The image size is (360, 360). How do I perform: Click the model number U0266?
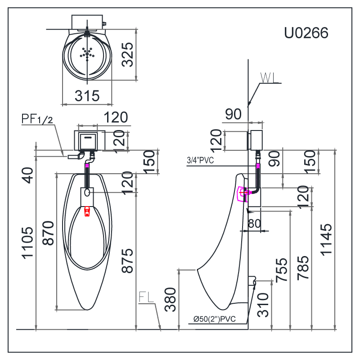306,33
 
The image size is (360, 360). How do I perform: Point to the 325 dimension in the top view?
128,54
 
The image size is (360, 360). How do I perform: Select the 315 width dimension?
87,95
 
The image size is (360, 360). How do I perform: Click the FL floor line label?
146,297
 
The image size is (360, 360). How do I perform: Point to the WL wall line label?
269,77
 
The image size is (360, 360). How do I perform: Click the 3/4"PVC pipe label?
200,160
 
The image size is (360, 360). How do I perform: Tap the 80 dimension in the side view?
254,223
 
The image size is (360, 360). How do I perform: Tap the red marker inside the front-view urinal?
87,211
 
